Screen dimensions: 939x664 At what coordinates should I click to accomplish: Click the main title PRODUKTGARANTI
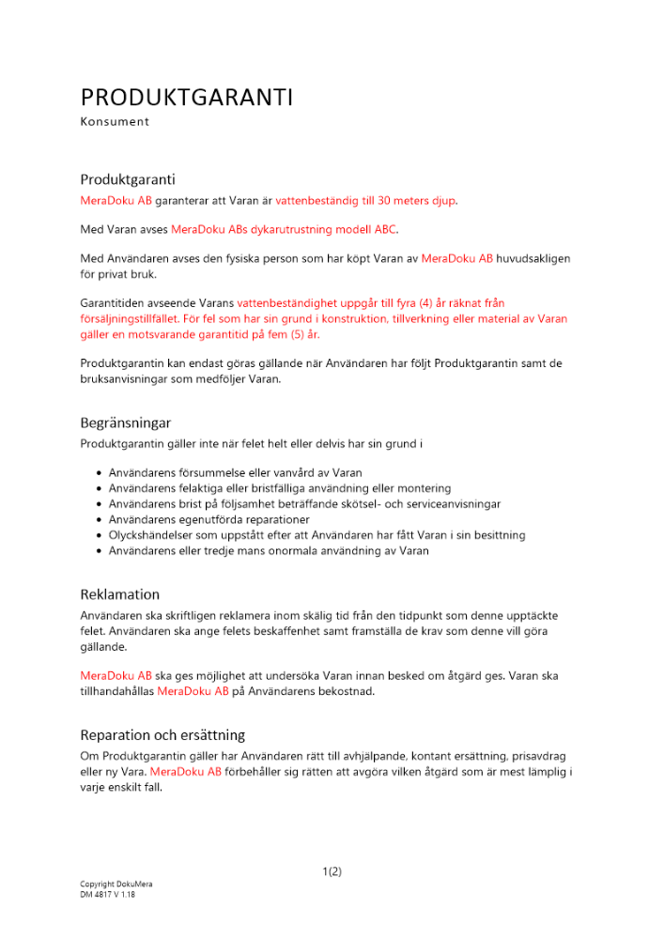[187, 98]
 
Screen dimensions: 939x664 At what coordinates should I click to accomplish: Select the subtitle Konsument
[115, 121]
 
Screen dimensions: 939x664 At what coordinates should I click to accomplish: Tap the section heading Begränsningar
[126, 423]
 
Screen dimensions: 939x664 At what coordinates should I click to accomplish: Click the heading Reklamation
[120, 594]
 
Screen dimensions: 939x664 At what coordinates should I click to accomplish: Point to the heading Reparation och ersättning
[162, 734]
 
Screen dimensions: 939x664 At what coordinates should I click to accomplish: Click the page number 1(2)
[332, 871]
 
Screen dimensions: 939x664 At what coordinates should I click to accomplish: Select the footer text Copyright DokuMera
[116, 885]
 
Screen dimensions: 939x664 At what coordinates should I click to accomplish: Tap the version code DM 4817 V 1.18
[108, 895]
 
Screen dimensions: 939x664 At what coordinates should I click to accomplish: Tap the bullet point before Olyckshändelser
[100, 535]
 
